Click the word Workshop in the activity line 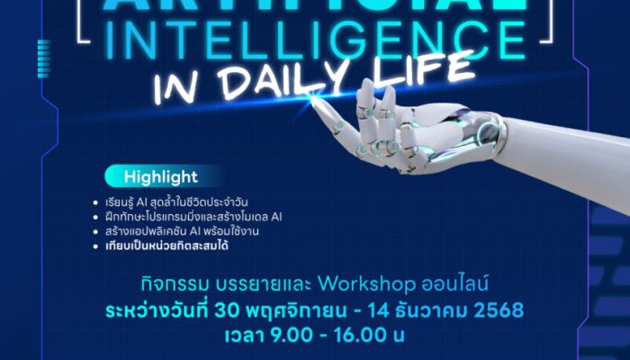(370, 284)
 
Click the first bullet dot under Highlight (94, 202)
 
